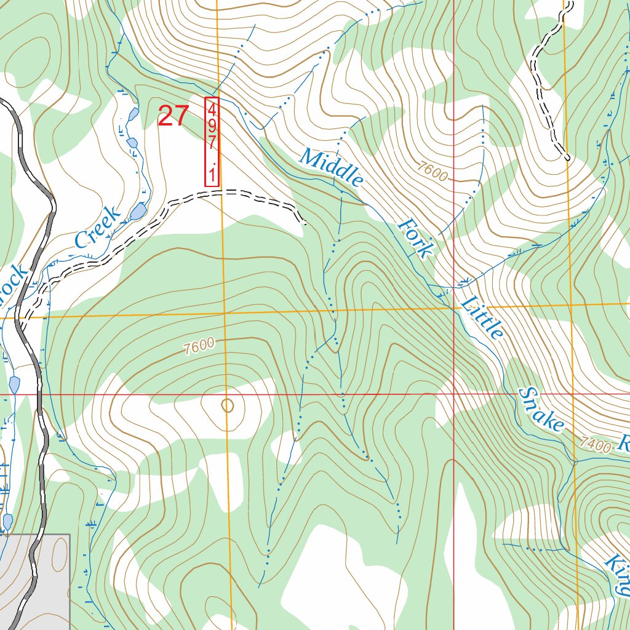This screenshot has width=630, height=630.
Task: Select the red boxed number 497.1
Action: tap(212, 142)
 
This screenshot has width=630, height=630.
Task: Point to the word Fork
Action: tap(416, 237)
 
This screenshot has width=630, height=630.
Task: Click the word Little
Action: tap(483, 317)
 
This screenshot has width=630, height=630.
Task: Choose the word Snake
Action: tap(541, 409)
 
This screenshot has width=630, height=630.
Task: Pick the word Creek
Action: tap(97, 228)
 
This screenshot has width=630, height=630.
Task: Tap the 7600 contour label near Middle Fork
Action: tap(431, 170)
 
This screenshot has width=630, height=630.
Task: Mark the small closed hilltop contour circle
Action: tap(228, 405)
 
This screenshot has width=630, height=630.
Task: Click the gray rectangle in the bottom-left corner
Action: tap(37, 578)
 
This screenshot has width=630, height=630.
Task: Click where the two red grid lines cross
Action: tap(454, 393)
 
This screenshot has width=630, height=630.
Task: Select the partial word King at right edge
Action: tap(617, 575)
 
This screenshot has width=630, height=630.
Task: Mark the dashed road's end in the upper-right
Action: tap(567, 158)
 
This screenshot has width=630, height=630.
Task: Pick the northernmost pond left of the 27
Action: tap(133, 114)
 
